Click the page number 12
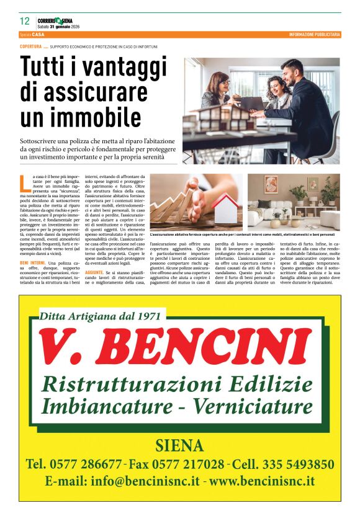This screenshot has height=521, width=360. (25, 20)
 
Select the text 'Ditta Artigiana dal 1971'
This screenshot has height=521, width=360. (100, 316)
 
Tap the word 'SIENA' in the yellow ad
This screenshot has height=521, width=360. (179, 445)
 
